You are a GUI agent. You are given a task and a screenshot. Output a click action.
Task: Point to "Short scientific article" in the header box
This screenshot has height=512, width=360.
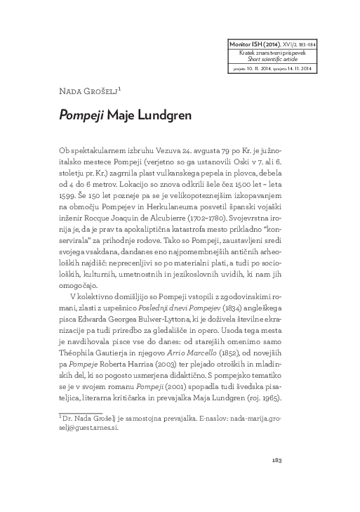(267, 60)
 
